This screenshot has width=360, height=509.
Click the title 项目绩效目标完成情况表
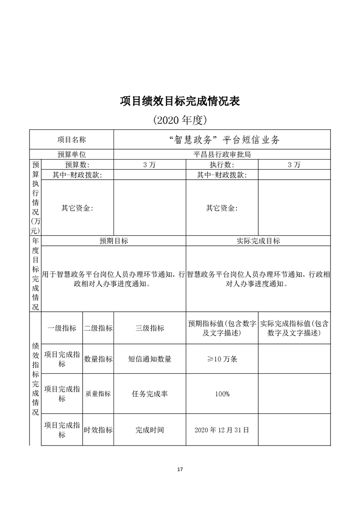[x=180, y=101]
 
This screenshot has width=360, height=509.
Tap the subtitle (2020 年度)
[x=180, y=120]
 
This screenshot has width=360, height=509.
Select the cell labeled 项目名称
[x=71, y=140]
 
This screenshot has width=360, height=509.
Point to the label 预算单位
[x=71, y=154]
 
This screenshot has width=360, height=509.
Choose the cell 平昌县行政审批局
[x=222, y=154]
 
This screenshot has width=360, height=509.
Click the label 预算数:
[x=77, y=165]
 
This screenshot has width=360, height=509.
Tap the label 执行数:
[x=222, y=165]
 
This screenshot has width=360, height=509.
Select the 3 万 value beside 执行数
[x=294, y=165]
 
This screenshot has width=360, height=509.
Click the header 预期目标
[x=113, y=241]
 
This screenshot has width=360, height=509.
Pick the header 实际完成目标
[x=258, y=241]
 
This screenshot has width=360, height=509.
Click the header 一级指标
[x=62, y=328]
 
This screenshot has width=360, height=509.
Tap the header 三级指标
[x=150, y=328]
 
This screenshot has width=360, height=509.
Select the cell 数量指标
[x=98, y=359]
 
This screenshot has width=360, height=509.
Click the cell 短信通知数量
[x=150, y=359]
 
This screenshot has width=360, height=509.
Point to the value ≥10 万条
[x=222, y=359]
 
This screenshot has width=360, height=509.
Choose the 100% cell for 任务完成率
[x=222, y=394]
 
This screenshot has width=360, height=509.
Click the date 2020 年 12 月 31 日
[x=222, y=430]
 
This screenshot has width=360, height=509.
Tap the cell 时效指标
[x=98, y=430]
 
